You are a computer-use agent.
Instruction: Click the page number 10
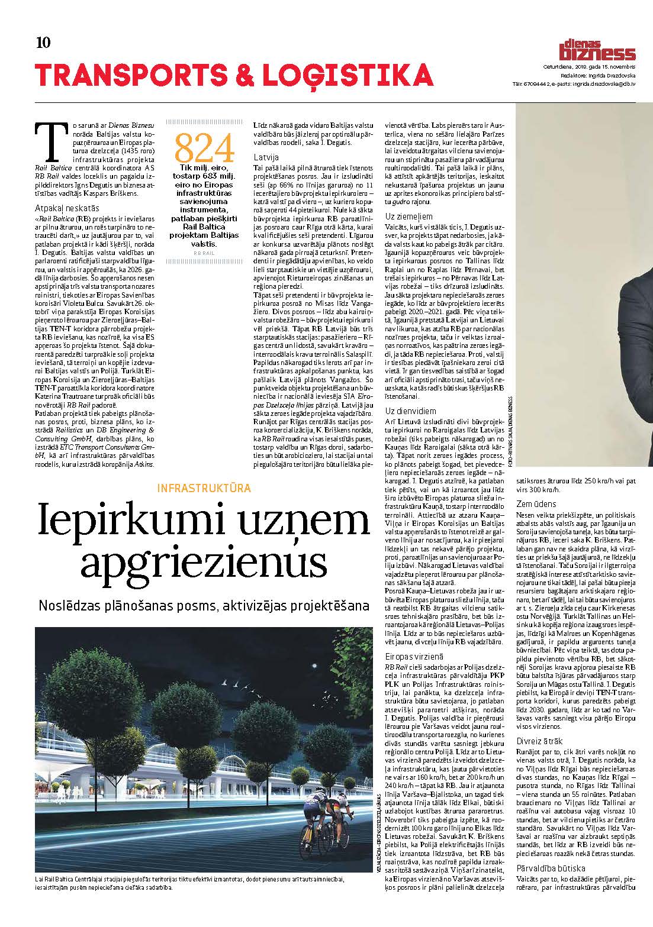[43, 43]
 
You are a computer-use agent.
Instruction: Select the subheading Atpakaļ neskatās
[66, 208]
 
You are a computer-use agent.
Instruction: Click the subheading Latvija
[266, 157]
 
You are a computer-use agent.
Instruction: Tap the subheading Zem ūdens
[536, 504]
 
